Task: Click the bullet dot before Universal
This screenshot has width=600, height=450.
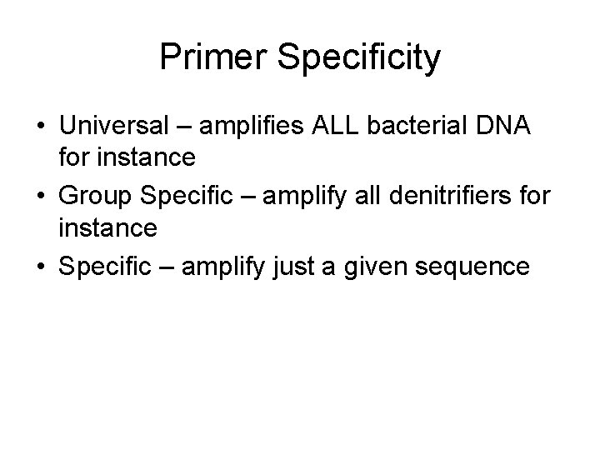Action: [x=40, y=126]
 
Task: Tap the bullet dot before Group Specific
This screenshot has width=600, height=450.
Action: [x=40, y=196]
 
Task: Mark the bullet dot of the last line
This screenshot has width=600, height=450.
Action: [x=40, y=266]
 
